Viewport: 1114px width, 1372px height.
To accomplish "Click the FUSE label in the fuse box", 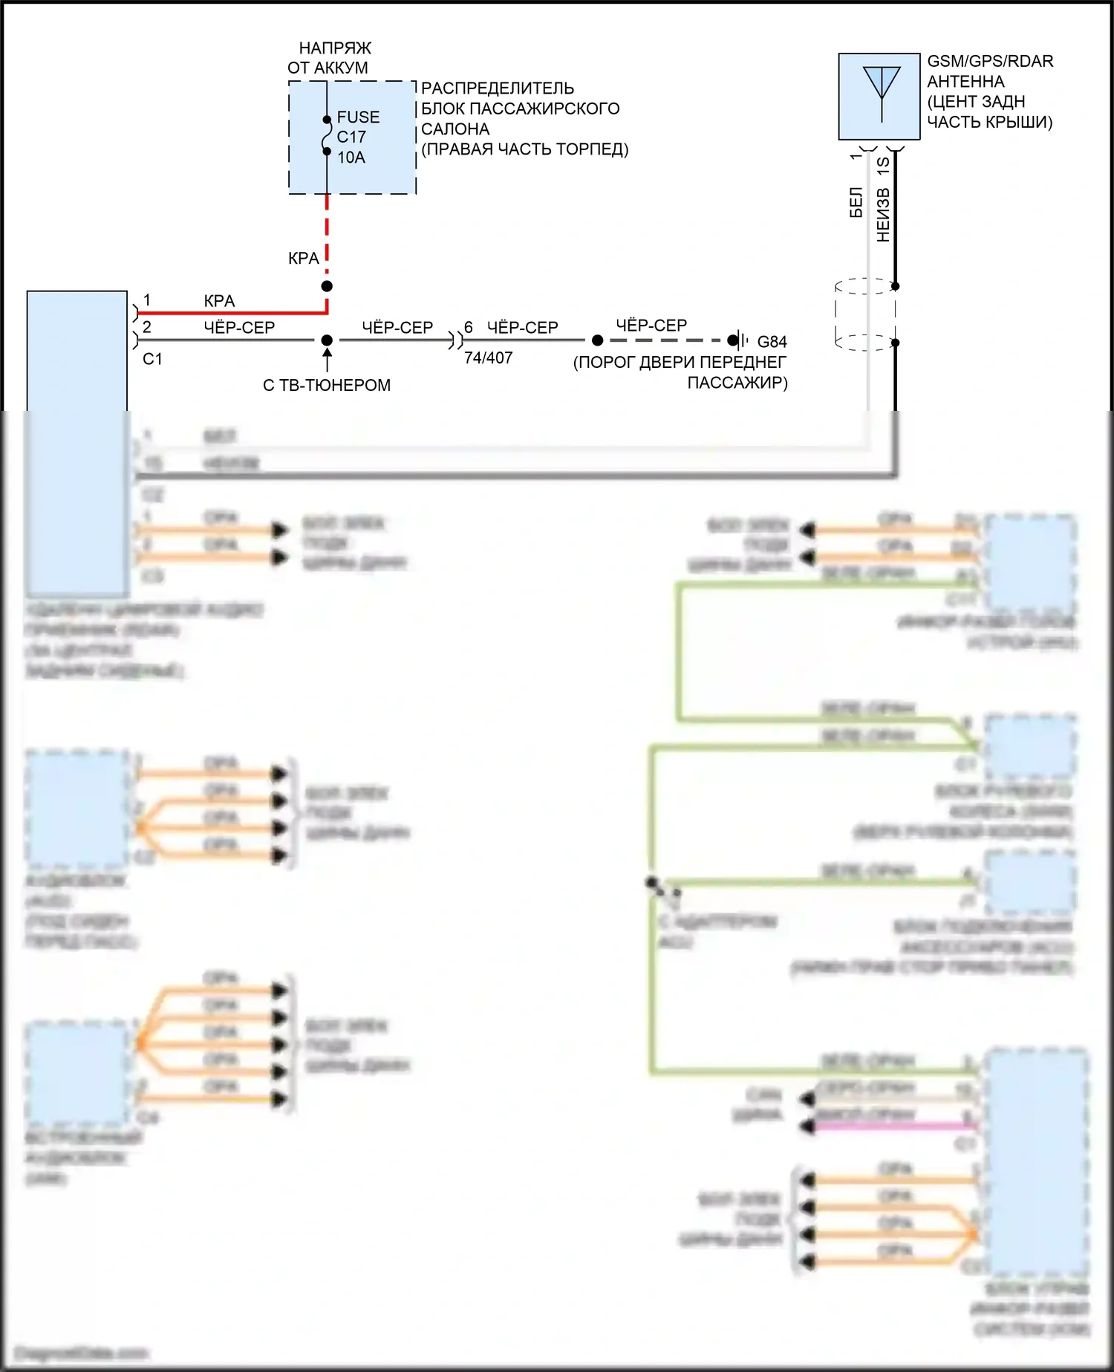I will click(358, 117).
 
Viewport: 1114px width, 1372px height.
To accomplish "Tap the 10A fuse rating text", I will click(351, 158).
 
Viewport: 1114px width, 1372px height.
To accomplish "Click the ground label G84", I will click(772, 342).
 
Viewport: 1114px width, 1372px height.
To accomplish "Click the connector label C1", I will click(152, 359).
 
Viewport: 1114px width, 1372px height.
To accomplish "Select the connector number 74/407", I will click(488, 358).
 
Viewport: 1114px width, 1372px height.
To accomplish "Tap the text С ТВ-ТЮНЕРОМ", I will click(327, 386).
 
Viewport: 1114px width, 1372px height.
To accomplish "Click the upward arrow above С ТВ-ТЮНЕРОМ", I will click(327, 359).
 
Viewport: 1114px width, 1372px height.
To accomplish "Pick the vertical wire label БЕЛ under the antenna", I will click(856, 202).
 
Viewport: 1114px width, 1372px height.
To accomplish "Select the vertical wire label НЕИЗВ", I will click(882, 215).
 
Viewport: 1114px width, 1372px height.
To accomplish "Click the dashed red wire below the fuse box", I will click(327, 230).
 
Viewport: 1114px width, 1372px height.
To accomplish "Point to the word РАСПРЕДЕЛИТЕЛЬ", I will click(497, 88).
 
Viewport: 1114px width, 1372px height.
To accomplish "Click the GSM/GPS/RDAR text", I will click(990, 62).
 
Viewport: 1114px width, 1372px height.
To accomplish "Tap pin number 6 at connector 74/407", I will click(469, 328).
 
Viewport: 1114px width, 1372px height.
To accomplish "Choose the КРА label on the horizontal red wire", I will click(219, 301).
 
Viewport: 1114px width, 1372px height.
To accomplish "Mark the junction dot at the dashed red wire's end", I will click(327, 286).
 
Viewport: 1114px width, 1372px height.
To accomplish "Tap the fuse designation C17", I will click(351, 137).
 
